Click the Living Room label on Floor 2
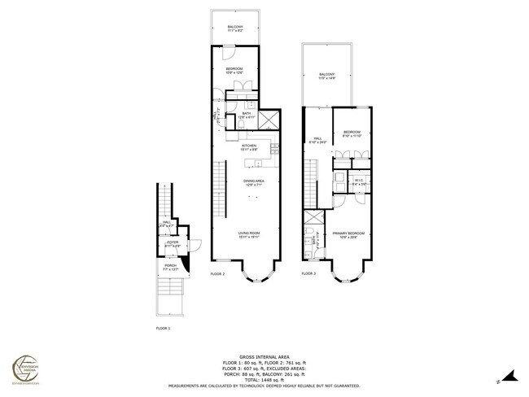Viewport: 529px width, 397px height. click(248, 235)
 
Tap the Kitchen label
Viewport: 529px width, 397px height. click(248, 147)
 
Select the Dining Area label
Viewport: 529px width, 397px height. click(254, 182)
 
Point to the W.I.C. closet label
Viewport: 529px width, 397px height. click(358, 181)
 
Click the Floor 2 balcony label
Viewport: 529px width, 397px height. click(234, 29)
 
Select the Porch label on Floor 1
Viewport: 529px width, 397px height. click(171, 266)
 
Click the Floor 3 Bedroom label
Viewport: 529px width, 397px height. click(352, 133)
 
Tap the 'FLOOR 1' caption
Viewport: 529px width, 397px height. click(164, 328)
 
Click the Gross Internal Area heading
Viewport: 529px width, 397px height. click(264, 355)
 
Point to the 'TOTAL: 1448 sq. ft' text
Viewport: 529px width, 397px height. click(264, 380)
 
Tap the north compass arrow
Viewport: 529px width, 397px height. click(509, 376)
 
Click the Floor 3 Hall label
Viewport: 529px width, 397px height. click(320, 140)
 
